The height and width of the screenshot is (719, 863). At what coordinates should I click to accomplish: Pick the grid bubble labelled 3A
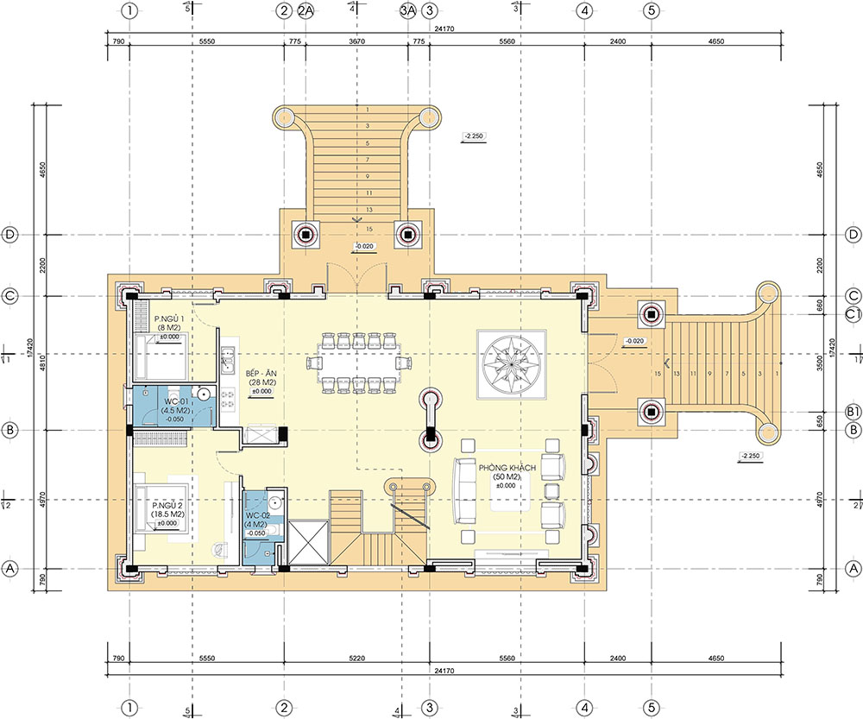[408, 11]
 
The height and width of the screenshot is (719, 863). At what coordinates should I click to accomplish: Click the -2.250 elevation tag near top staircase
[475, 136]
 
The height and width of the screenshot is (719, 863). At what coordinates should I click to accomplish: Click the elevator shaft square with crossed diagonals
[309, 542]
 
